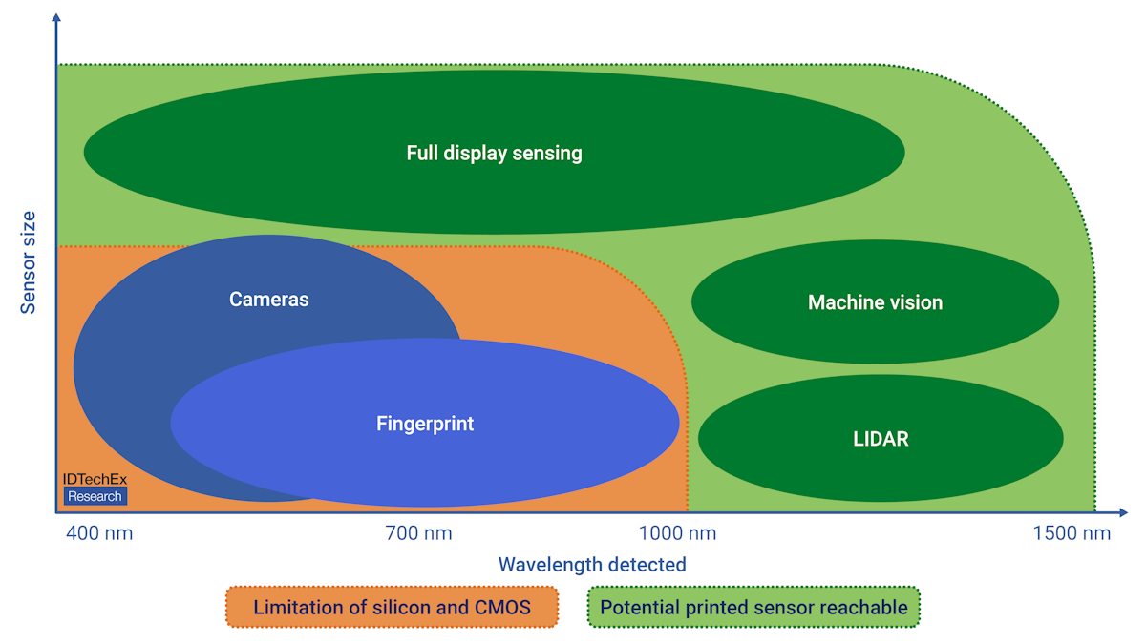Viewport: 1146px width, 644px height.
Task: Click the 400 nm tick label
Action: (99, 533)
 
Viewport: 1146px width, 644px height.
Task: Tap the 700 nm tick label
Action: (418, 533)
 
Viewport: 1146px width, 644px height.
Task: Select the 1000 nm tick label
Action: (677, 533)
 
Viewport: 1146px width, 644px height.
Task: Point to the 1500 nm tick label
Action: (1072, 533)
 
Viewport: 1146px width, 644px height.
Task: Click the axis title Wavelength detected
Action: (592, 565)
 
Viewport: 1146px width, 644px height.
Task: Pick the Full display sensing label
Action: (494, 153)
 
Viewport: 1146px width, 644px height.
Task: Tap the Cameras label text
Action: (269, 300)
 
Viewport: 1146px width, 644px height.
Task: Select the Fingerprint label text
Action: (425, 424)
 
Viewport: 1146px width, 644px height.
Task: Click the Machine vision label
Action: (875, 302)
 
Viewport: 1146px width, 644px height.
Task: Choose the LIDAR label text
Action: (881, 439)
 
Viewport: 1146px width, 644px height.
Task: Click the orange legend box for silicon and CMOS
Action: (392, 607)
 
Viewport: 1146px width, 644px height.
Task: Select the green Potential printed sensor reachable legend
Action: (753, 607)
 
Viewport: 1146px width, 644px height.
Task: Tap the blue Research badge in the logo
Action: (95, 496)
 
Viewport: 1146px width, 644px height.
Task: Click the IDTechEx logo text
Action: (95, 480)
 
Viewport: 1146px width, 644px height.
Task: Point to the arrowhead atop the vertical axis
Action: (56, 19)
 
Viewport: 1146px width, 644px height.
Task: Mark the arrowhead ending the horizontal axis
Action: (1126, 513)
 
